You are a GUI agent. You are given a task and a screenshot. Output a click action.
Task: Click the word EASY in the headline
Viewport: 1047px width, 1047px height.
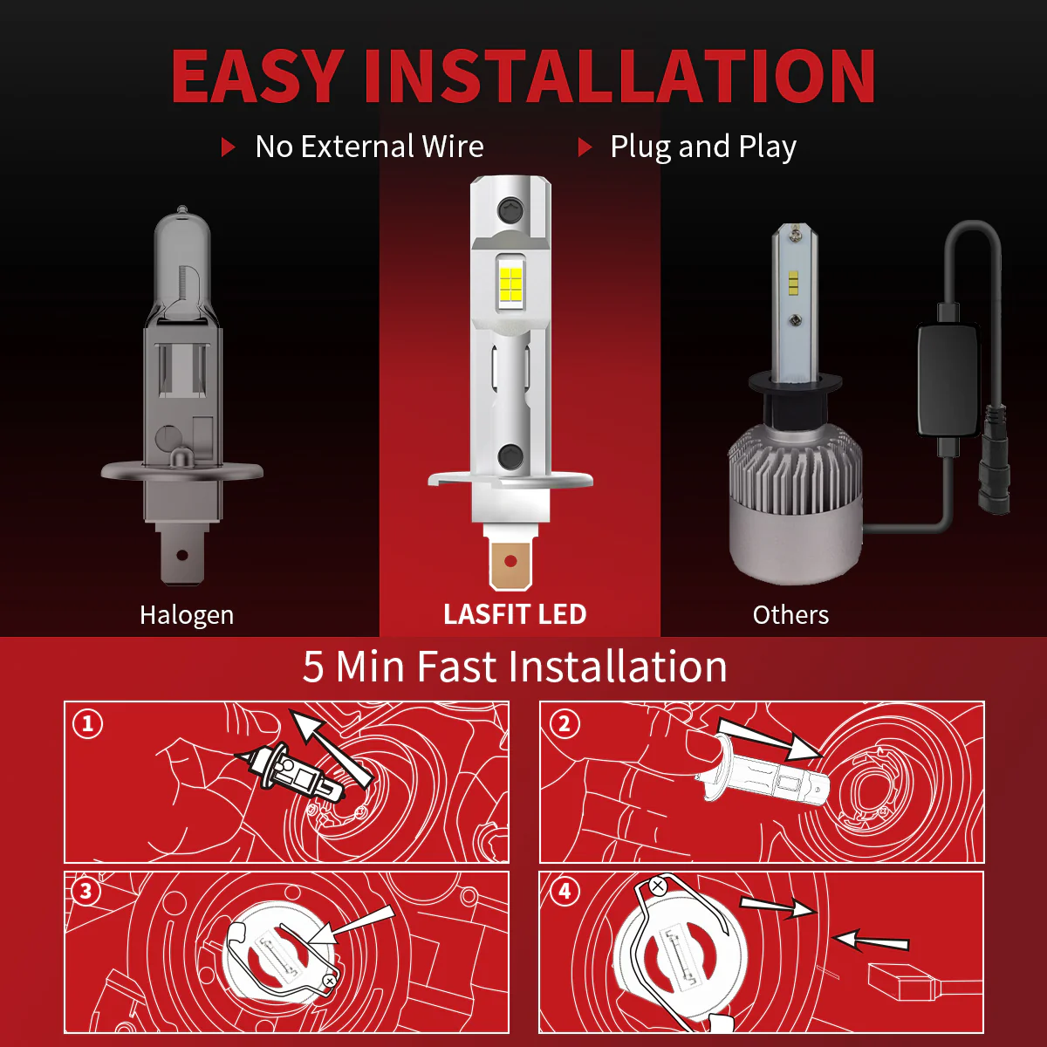(257, 76)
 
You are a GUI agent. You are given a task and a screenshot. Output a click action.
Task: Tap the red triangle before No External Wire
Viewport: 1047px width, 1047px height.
(229, 147)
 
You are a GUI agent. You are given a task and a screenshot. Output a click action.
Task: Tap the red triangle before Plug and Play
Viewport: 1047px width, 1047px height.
(585, 147)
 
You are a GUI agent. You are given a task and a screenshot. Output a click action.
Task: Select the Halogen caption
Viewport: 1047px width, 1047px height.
(187, 616)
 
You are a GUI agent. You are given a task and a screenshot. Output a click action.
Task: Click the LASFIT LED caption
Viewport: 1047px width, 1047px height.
(515, 614)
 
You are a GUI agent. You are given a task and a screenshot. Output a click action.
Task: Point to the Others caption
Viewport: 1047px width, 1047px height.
(790, 615)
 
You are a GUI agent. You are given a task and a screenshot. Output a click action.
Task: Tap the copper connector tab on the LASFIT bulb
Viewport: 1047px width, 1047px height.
(510, 562)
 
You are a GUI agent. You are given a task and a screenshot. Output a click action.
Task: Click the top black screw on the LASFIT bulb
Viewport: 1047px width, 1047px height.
(510, 209)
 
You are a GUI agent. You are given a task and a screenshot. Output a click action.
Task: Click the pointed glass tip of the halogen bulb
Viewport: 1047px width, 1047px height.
(182, 210)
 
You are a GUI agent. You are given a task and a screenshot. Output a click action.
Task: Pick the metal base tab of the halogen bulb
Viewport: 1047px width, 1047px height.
(182, 555)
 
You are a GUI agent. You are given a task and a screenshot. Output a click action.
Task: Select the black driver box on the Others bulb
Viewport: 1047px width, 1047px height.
(949, 380)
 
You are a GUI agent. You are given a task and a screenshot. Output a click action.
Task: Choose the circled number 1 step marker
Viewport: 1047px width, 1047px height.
(87, 723)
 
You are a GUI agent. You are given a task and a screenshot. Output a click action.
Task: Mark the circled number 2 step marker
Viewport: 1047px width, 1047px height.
(564, 723)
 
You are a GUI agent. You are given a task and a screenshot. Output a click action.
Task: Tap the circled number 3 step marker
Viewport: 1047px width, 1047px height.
(86, 891)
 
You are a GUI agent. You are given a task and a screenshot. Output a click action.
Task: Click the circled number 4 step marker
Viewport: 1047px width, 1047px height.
(565, 891)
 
